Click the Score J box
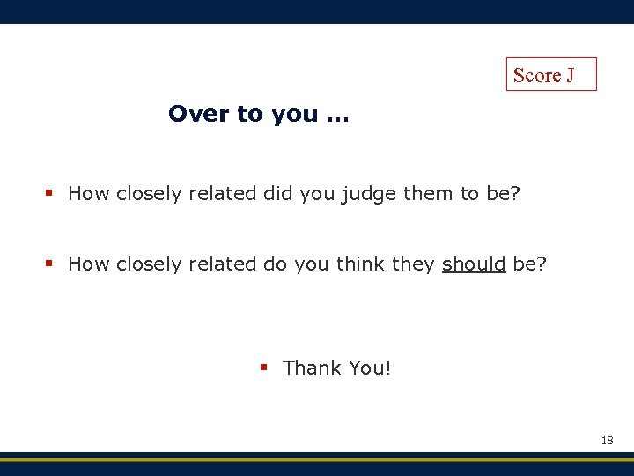pyautogui.click(x=551, y=74)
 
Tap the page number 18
pyautogui.click(x=607, y=440)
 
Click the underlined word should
pyautogui.click(x=474, y=264)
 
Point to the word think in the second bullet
pyautogui.click(x=361, y=264)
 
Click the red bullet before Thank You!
pyautogui.click(x=263, y=367)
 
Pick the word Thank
pyautogui.click(x=312, y=368)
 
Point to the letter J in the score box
pyautogui.click(x=571, y=75)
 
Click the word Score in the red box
pyautogui.click(x=536, y=75)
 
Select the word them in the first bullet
pyautogui.click(x=429, y=193)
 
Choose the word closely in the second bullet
pyautogui.click(x=148, y=264)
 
